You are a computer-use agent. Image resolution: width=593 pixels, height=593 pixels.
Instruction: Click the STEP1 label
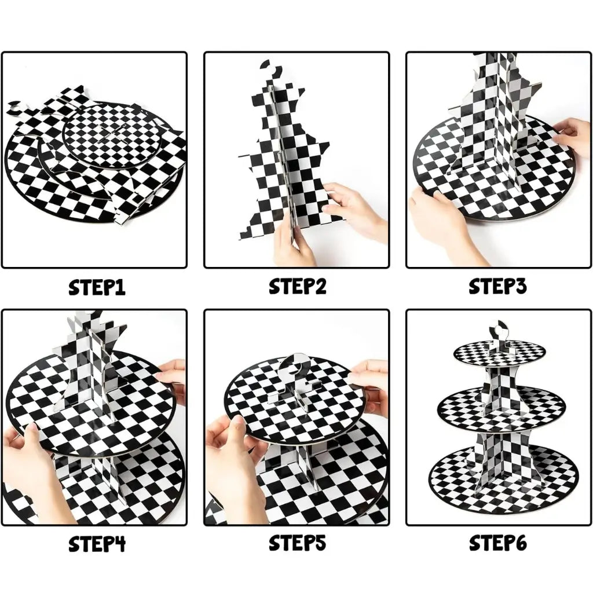(x=97, y=288)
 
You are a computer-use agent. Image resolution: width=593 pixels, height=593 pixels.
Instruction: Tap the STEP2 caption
(x=297, y=287)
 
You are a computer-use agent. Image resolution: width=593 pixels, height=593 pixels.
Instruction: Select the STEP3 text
(x=497, y=287)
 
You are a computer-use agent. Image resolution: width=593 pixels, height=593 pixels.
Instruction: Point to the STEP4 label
(x=97, y=544)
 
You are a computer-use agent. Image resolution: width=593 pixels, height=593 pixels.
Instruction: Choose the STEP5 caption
(x=297, y=544)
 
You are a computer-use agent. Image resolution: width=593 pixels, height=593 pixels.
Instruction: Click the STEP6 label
(x=497, y=544)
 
